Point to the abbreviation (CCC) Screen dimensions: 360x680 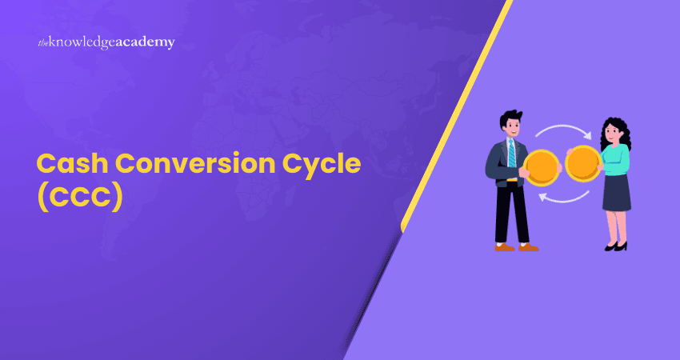point(80,197)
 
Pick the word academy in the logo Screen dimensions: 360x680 point(146,42)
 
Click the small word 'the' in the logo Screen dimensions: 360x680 point(43,43)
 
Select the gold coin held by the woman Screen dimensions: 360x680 point(583,164)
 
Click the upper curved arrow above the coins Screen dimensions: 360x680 point(562,130)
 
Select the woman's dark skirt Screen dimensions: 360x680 point(615,194)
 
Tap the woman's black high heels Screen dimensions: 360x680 point(617,246)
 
